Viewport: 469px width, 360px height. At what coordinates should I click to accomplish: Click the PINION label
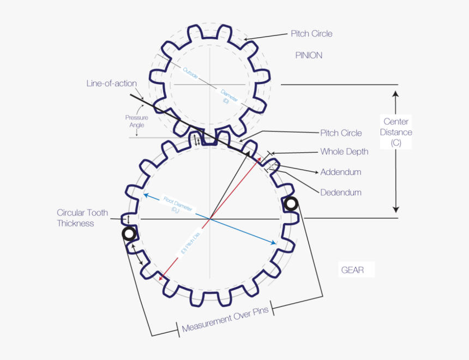(309, 55)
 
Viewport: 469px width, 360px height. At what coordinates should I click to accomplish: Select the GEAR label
(352, 270)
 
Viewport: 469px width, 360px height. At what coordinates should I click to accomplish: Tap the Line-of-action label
(111, 83)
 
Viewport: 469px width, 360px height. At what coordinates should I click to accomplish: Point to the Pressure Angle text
(136, 121)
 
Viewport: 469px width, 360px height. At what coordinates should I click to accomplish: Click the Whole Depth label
(344, 152)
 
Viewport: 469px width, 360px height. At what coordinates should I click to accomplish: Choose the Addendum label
(340, 172)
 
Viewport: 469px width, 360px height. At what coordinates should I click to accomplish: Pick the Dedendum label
(340, 192)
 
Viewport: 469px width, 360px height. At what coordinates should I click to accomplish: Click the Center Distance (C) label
(396, 132)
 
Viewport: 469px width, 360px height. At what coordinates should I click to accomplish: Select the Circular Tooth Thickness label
(82, 218)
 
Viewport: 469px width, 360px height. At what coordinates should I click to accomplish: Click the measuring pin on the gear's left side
(129, 234)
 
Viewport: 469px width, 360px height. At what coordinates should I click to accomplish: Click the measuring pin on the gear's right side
(291, 204)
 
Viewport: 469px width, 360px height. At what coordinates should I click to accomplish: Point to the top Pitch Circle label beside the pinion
(311, 34)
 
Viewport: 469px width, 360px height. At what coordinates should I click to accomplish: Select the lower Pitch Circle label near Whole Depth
(341, 133)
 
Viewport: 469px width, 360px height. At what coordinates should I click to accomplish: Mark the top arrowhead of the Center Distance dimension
(396, 94)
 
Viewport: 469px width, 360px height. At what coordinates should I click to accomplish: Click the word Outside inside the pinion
(191, 72)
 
